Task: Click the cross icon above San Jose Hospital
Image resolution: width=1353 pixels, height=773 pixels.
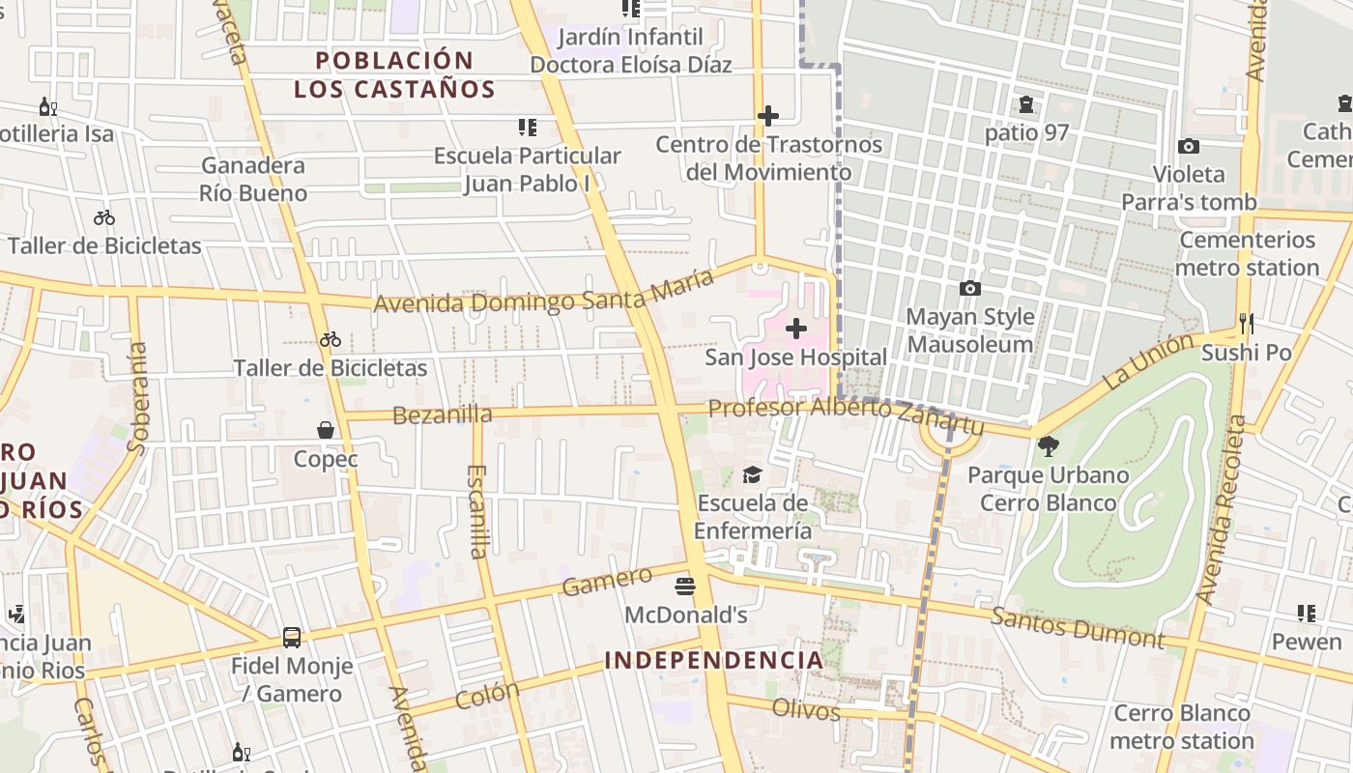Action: click(795, 329)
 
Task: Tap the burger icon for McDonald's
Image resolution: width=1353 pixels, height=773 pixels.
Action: click(685, 586)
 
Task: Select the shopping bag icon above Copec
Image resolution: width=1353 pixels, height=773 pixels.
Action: click(326, 430)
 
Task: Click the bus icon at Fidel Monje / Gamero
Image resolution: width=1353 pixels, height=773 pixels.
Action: click(291, 638)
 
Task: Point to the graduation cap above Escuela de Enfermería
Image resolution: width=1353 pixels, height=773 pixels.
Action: click(752, 474)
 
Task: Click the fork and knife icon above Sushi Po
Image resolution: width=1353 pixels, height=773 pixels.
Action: click(1246, 323)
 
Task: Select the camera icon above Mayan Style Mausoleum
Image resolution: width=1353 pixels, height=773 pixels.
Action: click(969, 288)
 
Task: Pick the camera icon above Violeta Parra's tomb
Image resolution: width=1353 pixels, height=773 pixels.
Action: click(1188, 146)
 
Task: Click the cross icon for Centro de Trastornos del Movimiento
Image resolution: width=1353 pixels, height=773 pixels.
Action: click(767, 116)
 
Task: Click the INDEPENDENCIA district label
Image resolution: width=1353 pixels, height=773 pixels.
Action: click(714, 661)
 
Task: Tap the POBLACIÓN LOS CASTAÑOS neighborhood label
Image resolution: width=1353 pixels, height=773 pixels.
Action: click(394, 74)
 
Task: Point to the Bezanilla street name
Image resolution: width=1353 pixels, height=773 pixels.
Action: click(443, 415)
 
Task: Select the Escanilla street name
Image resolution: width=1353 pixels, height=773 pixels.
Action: click(476, 511)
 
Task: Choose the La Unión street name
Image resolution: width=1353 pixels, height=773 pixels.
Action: click(1149, 360)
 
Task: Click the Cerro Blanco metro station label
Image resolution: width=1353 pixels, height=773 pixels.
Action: click(1182, 727)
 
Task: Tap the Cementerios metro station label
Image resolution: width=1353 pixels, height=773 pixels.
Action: click(1247, 253)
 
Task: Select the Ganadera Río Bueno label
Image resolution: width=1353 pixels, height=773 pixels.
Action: click(253, 179)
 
